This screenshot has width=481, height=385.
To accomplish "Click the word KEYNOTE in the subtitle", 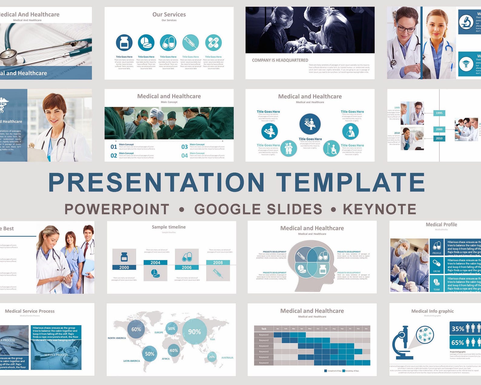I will tap(380, 209).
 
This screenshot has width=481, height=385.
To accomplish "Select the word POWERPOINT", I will tap(117, 209).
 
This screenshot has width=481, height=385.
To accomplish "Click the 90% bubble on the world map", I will tap(194, 332).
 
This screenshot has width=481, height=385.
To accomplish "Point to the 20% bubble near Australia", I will tap(212, 357).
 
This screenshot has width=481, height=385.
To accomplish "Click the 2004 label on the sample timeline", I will tap(155, 263).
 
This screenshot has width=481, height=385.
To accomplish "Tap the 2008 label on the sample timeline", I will tap(218, 263).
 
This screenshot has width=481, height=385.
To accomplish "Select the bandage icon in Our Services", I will tap(213, 43).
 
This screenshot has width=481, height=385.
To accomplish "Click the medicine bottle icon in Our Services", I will tap(124, 43).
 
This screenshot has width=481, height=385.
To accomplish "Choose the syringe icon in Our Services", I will tap(191, 43).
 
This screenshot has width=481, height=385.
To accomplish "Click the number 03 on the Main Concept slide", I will tap(184, 147).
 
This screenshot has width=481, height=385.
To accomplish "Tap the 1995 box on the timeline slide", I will tap(439, 113).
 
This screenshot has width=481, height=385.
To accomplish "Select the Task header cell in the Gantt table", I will tap(264, 329).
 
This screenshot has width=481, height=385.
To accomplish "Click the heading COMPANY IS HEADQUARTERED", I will tap(280, 60).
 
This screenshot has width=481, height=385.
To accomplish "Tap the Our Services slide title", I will tap(169, 14).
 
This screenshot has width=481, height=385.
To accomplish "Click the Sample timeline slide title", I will tap(169, 227).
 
